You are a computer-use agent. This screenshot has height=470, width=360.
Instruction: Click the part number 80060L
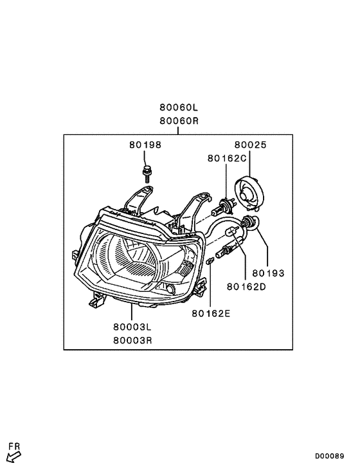pos(179,107)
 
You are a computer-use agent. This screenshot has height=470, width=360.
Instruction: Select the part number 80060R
pos(179,121)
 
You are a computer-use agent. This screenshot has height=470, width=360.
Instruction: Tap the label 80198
pos(145,145)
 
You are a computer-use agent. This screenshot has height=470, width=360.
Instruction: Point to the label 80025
pos(250,145)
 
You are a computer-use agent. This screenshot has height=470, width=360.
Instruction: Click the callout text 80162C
pos(227,158)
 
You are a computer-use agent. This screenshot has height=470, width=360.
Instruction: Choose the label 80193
pos(268,273)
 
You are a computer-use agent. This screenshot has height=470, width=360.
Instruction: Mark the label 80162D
pos(246,287)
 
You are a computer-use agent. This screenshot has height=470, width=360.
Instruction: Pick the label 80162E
pos(211,314)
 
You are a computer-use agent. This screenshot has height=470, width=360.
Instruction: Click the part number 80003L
pos(132,327)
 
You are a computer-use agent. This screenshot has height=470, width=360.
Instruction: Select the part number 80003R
pos(132,341)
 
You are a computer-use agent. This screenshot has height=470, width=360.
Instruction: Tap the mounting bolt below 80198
pos(147,174)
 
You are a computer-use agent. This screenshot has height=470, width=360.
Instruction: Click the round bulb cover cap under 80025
pos(249,192)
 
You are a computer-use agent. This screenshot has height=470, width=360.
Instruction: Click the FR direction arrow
pos(14,456)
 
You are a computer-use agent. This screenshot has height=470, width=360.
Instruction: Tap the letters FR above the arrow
pos(14,446)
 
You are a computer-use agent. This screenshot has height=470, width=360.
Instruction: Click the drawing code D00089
pos(329,456)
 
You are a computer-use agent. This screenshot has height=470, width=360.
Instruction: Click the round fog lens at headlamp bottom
pos(170,289)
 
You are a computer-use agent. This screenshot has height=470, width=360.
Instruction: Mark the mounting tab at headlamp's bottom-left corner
pos(96,299)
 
